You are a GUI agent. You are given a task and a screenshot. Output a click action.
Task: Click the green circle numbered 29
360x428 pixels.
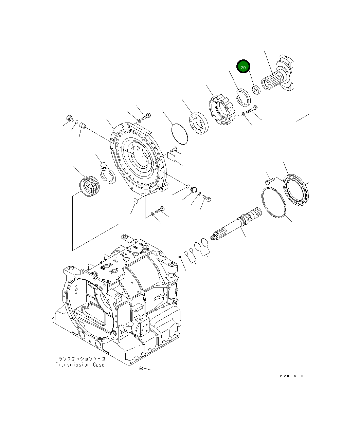pyautogui.click(x=243, y=67)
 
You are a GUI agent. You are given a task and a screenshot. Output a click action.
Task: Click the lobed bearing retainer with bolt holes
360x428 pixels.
pyautogui.click(x=220, y=109)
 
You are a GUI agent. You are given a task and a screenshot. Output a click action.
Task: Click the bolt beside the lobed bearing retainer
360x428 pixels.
pyautogui.click(x=252, y=110)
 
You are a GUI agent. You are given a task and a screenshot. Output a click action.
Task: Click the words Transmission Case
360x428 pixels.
pyautogui.click(x=80, y=365)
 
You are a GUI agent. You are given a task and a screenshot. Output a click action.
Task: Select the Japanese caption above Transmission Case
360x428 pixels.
pyautogui.click(x=80, y=359)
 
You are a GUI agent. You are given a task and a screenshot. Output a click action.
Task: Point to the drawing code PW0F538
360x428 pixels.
pyautogui.click(x=292, y=376)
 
